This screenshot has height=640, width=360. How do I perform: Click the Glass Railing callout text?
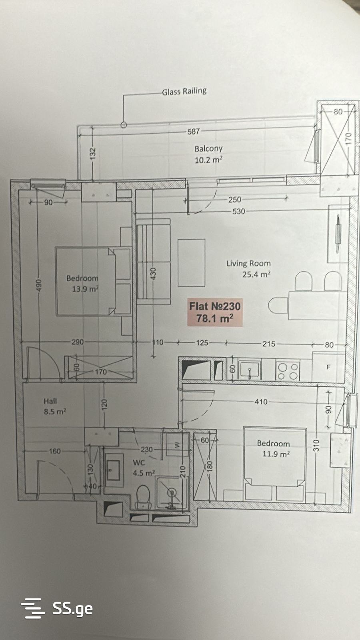coord(184,92)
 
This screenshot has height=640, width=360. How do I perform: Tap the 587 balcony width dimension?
coord(194,132)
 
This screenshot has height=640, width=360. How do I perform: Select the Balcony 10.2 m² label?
coord(208,154)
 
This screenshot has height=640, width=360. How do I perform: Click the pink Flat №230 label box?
coord(215,312)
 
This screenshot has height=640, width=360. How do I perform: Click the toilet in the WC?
coord(143,496)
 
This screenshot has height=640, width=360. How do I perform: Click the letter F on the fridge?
coord(328,367)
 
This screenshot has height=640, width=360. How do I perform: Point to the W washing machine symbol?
coord(177,445)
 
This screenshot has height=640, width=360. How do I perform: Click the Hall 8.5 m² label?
coord(55,406)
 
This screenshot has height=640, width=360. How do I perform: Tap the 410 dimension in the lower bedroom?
coord(261,402)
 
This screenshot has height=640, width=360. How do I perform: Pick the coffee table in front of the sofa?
coord(192,263)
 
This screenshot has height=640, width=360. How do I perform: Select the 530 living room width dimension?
coord(238,212)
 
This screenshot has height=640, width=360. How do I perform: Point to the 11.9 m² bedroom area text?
coord(276,454)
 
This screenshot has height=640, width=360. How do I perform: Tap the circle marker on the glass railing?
coord(124,124)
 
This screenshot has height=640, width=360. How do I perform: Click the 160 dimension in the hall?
coord(55,451)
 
